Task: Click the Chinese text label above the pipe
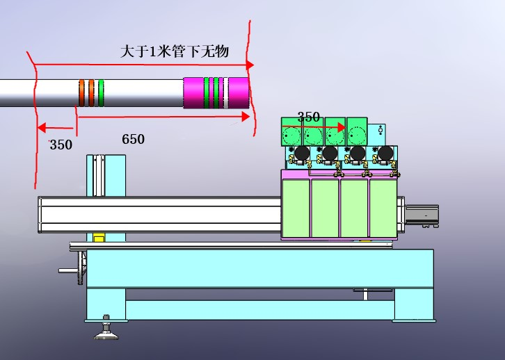click(175, 51)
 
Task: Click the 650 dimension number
click(133, 139)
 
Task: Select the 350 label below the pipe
click(61, 145)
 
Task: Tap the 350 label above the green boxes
click(309, 117)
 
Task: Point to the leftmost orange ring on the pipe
click(82, 93)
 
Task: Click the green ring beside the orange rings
click(101, 93)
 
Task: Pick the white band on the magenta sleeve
click(226, 93)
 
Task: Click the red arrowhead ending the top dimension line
click(250, 65)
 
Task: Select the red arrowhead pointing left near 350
click(42, 127)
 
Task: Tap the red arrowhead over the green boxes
click(342, 127)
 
